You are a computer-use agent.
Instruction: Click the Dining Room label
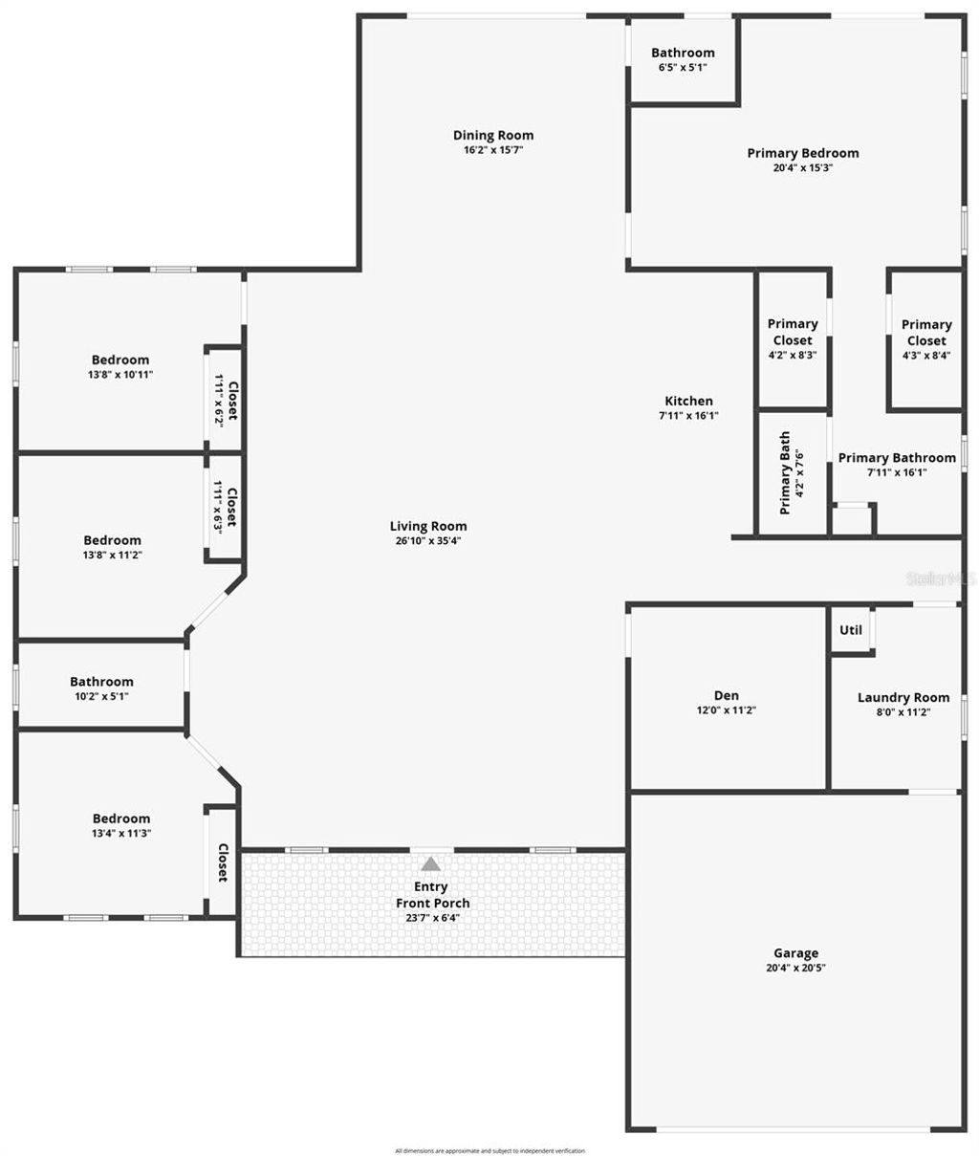(493, 136)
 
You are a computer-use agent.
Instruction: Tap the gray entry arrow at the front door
(431, 864)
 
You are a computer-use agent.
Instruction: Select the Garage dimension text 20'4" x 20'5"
(795, 968)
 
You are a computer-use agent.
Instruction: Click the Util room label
(850, 630)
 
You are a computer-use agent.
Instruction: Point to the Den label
(726, 696)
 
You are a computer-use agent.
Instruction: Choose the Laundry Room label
(903, 698)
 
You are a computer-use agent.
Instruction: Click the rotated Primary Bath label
(785, 473)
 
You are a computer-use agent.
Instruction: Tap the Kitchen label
(688, 402)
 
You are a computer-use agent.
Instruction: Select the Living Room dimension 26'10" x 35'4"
(428, 540)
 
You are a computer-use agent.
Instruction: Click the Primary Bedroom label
(802, 153)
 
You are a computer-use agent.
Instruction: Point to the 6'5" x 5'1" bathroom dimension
(683, 68)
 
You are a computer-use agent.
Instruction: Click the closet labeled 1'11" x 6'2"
(225, 400)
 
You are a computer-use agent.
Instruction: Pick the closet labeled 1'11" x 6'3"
(225, 508)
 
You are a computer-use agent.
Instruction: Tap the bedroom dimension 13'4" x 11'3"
(121, 833)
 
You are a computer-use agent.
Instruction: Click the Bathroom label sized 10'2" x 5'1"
(101, 682)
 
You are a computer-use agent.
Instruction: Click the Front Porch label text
(432, 903)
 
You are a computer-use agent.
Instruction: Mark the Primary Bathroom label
(896, 458)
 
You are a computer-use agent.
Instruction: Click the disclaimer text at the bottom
(489, 1150)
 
